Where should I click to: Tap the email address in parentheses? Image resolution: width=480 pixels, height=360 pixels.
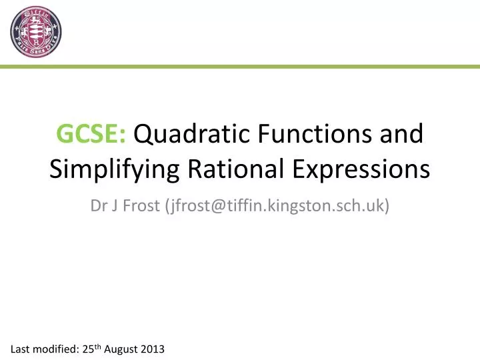pyautogui.click(x=273, y=206)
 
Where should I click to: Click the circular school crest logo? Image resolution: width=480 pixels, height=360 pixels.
pyautogui.click(x=36, y=32)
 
